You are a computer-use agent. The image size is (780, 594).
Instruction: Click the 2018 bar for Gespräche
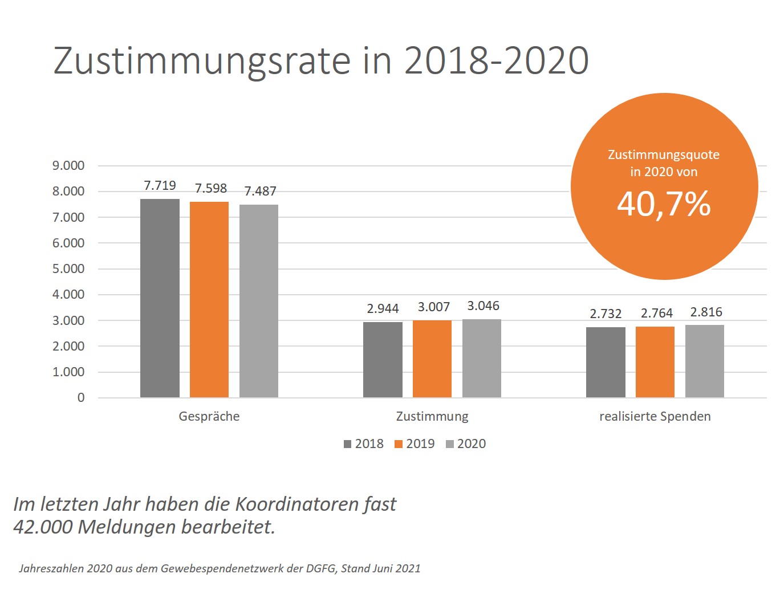tap(160, 298)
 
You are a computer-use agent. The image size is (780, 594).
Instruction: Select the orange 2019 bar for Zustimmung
tap(432, 359)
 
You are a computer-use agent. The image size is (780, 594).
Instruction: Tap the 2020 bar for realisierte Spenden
tap(705, 361)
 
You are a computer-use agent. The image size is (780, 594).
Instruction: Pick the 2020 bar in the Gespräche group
tap(259, 301)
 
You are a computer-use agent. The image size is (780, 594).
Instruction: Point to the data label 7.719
tap(160, 186)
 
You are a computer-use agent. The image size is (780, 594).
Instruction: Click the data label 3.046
tap(483, 306)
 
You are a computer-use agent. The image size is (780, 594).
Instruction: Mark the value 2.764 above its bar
tap(656, 314)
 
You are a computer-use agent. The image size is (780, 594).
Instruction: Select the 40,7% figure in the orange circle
tap(664, 204)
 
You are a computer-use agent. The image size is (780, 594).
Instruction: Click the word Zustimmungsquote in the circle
tap(664, 155)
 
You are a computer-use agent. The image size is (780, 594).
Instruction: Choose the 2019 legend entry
tap(415, 444)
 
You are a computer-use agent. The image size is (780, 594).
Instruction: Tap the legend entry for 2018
tap(364, 444)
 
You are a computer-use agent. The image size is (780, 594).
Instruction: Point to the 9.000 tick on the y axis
tap(68, 166)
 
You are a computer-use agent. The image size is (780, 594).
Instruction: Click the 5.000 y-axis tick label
tap(68, 269)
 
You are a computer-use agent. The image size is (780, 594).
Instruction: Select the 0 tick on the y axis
tap(81, 398)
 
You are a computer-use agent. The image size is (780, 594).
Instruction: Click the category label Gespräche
tap(209, 417)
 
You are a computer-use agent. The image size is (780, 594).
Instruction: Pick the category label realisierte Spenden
tap(655, 417)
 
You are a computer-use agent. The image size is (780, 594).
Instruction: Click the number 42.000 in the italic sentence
tap(43, 527)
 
